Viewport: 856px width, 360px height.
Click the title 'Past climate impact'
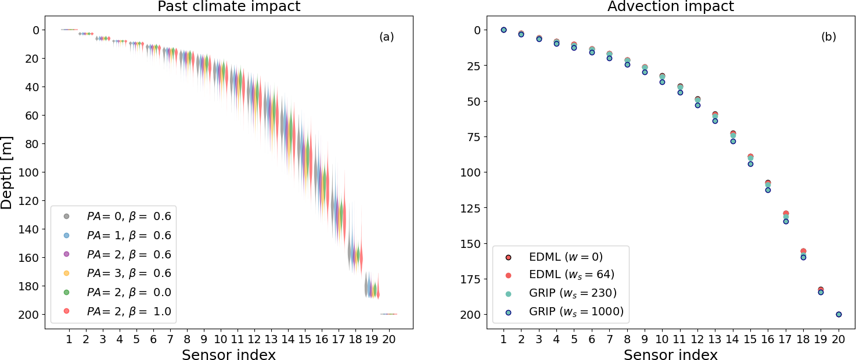(x=229, y=7)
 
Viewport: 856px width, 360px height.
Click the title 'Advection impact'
(x=671, y=7)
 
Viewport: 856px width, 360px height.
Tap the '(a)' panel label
(x=387, y=37)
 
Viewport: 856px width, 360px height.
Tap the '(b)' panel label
(x=829, y=37)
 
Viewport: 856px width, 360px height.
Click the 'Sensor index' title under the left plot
(x=229, y=355)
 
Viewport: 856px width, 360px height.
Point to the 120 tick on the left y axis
(x=30, y=201)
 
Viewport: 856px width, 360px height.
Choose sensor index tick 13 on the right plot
(x=715, y=339)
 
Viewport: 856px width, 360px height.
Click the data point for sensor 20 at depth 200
(x=839, y=314)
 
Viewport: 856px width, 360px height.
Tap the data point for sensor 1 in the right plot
(x=503, y=30)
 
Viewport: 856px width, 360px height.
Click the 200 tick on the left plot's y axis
(x=30, y=315)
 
